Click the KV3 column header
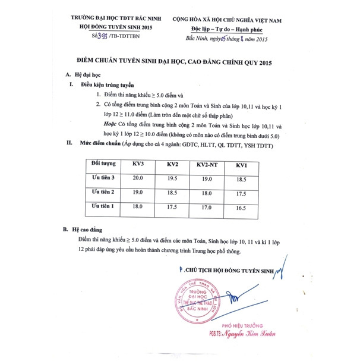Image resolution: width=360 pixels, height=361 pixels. (x=139, y=164)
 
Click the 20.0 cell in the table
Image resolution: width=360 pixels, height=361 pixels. (x=138, y=178)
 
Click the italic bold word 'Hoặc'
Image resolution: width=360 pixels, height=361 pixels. (x=110, y=124)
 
